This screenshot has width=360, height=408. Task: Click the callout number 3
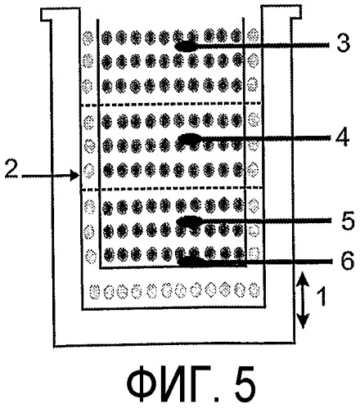343,44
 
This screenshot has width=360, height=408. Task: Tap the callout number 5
347,220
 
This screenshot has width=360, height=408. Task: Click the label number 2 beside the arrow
11,171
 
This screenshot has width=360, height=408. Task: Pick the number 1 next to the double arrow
322,297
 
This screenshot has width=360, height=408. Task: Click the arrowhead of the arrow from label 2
75,175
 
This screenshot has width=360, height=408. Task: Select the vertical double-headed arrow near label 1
303,300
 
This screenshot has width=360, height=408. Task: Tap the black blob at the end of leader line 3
186,47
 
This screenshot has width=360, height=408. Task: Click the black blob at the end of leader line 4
190,137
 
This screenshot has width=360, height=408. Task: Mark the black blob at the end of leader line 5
190,221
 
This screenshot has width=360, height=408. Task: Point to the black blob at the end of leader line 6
190,261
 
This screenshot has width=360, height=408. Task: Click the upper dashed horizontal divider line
172,104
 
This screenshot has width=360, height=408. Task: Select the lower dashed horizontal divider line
172,188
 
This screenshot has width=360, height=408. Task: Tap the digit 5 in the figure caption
244,385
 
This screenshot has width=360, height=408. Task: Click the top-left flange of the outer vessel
61,15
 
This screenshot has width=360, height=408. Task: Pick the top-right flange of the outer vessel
281,12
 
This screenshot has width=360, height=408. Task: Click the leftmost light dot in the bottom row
94,292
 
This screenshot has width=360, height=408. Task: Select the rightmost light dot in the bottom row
254,290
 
